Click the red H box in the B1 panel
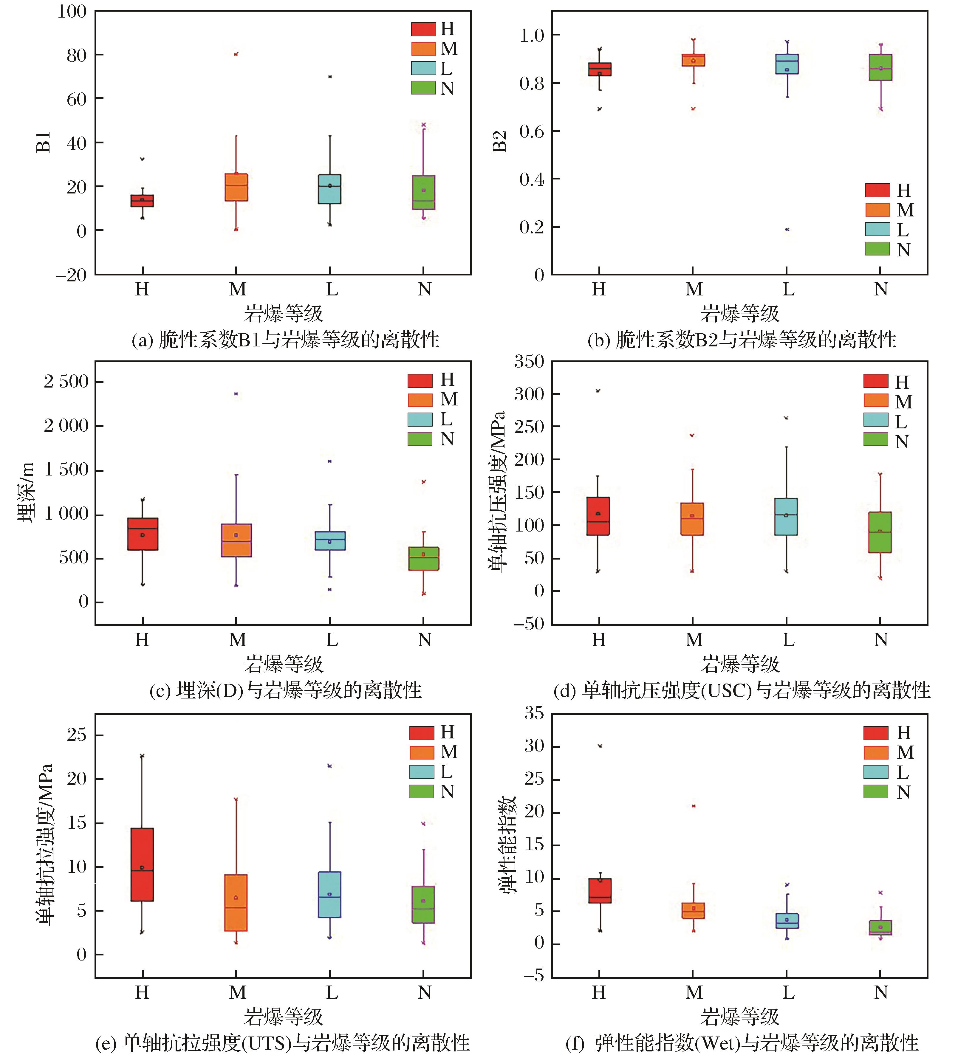(x=142, y=201)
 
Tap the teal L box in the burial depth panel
(x=330, y=540)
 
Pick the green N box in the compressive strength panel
(x=880, y=532)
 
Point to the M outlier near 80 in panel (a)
(x=236, y=54)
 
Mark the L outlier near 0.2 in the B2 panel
(x=787, y=229)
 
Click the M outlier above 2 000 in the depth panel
(x=236, y=394)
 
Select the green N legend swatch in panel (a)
(x=423, y=87)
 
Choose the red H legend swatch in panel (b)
(x=877, y=190)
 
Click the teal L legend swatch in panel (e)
(x=421, y=772)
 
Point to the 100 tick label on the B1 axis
(x=72, y=12)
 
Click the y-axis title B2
(x=500, y=141)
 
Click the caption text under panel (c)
(x=285, y=690)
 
